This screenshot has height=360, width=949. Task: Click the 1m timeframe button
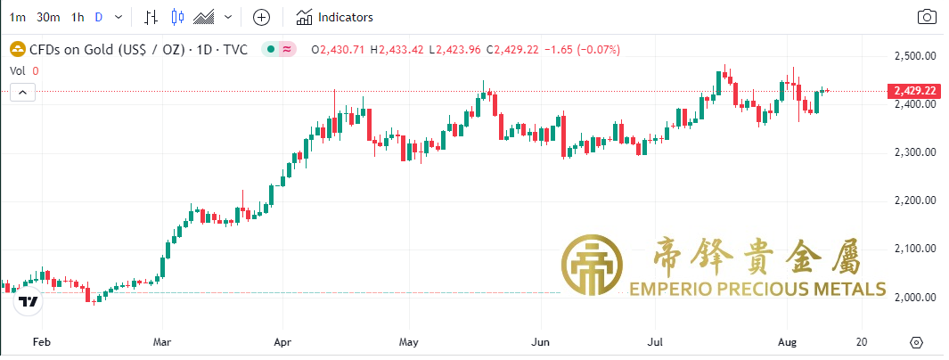pyautogui.click(x=17, y=17)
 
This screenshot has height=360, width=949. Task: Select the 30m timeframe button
pyautogui.click(x=48, y=17)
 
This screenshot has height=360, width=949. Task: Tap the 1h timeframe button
pyautogui.click(x=78, y=17)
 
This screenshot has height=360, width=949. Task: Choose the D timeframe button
pyautogui.click(x=99, y=17)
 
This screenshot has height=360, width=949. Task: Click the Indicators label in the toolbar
pyautogui.click(x=345, y=17)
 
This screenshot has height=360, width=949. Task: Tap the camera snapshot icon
pyautogui.click(x=927, y=17)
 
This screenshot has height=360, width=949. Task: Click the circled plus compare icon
pyautogui.click(x=261, y=17)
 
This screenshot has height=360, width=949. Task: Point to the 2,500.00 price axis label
pyautogui.click(x=913, y=56)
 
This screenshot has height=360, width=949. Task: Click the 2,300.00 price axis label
pyautogui.click(x=913, y=152)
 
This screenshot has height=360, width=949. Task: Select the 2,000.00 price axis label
pyautogui.click(x=913, y=297)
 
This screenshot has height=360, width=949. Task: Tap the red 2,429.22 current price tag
pyautogui.click(x=913, y=91)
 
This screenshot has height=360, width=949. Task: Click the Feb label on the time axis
pyautogui.click(x=39, y=342)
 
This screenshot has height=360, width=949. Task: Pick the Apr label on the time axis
pyautogui.click(x=282, y=342)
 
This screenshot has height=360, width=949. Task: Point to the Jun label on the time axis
pyautogui.click(x=539, y=342)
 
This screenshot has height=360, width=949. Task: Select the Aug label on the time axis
pyautogui.click(x=787, y=342)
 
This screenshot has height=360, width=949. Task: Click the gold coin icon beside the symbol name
pyautogui.click(x=16, y=49)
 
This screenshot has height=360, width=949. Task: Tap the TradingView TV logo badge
pyautogui.click(x=29, y=302)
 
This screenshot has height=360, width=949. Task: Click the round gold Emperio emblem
pyautogui.click(x=593, y=266)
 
